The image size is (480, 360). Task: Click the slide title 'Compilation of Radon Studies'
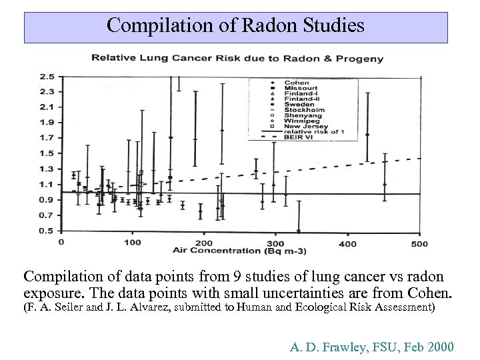pyautogui.click(x=235, y=26)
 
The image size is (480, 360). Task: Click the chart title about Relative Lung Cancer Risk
pyautogui.click(x=237, y=58)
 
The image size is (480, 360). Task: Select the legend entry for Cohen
pyautogui.click(x=296, y=83)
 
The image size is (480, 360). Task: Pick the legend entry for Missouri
pyautogui.click(x=299, y=88)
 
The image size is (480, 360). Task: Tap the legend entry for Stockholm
pyautogui.click(x=302, y=110)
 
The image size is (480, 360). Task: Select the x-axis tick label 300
pyautogui.click(x=275, y=243)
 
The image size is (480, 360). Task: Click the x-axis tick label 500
pyautogui.click(x=419, y=243)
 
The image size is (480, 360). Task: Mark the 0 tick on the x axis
pyautogui.click(x=61, y=243)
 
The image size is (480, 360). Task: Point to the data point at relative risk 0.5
pyautogui.click(x=298, y=231)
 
